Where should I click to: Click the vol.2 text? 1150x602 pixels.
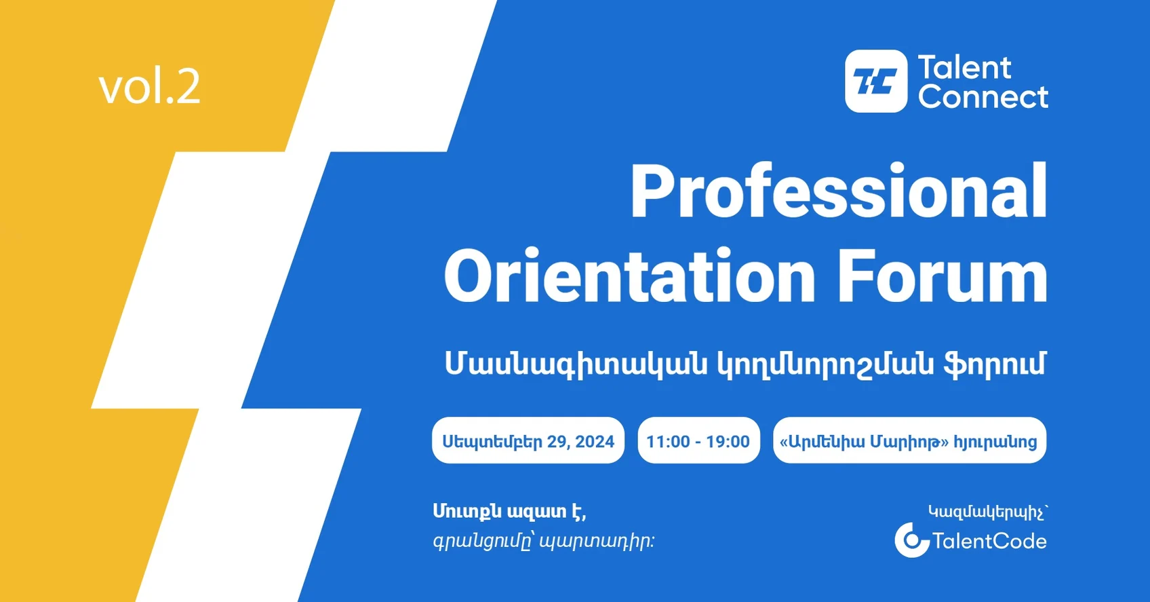(x=149, y=87)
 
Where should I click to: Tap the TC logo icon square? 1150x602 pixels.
(x=875, y=81)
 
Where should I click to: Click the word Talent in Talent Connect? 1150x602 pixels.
(x=964, y=68)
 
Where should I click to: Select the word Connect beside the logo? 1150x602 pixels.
(x=983, y=97)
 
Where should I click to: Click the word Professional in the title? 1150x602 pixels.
(x=838, y=192)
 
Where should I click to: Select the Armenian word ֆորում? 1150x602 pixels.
(x=995, y=364)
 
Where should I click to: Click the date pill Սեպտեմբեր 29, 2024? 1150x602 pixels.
(x=528, y=441)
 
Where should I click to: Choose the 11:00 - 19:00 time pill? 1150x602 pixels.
(x=698, y=441)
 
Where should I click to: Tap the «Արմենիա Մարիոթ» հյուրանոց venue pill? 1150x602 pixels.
(x=909, y=441)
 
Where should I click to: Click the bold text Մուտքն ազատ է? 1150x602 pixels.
(x=509, y=511)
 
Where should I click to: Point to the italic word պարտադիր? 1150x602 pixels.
(x=597, y=542)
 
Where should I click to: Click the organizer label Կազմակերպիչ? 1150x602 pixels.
(x=987, y=512)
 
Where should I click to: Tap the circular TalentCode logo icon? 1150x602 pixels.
(x=911, y=540)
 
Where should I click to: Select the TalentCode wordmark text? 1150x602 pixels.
(x=989, y=541)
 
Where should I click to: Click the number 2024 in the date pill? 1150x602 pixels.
(x=595, y=442)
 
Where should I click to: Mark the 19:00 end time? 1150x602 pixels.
(x=728, y=442)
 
